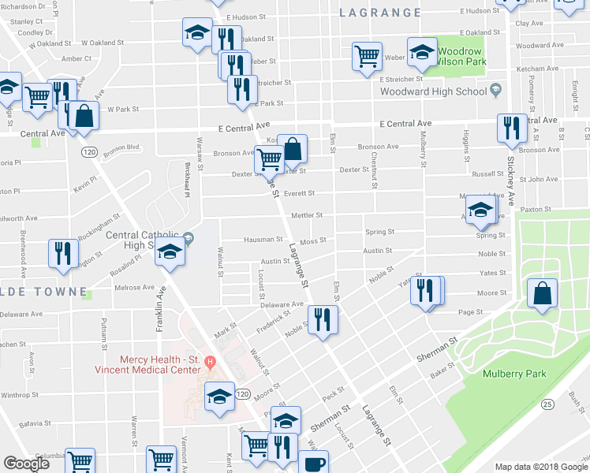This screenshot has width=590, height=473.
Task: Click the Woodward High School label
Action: (433, 91)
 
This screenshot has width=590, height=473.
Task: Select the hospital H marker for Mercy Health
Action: (210, 363)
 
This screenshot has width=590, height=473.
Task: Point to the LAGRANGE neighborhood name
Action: (380, 13)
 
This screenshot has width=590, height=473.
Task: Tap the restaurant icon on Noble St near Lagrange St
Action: (323, 319)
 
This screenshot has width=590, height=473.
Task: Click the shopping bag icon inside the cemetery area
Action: (543, 293)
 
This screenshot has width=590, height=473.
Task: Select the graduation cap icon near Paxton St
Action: (480, 210)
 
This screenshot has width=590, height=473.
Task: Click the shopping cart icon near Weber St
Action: (367, 57)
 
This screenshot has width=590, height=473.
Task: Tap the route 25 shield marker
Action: (547, 404)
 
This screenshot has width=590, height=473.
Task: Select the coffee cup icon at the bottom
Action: (313, 464)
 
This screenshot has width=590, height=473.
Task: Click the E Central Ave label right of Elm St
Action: (405, 124)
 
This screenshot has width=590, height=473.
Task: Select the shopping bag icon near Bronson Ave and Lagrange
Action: (292, 148)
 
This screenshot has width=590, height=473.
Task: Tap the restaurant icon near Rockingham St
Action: (62, 253)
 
